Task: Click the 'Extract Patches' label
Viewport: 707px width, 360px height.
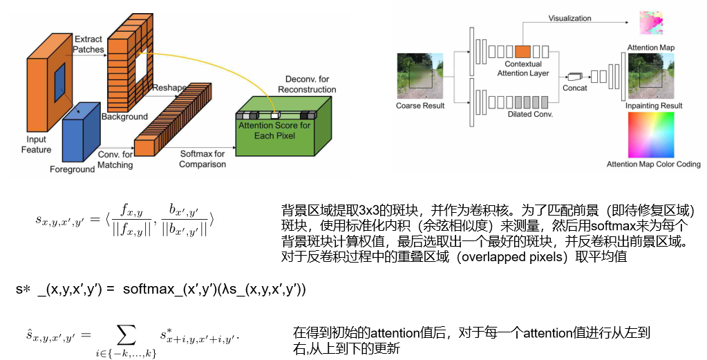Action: point(89,44)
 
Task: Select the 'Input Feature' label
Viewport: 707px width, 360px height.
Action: point(36,144)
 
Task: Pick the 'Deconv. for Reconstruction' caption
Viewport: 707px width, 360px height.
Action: point(307,84)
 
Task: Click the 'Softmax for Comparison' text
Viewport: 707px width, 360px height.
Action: point(202,159)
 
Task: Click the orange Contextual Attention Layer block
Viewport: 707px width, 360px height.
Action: point(522,51)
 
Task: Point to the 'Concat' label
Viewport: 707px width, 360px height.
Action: point(575,88)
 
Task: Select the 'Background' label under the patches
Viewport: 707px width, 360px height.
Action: point(124,117)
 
